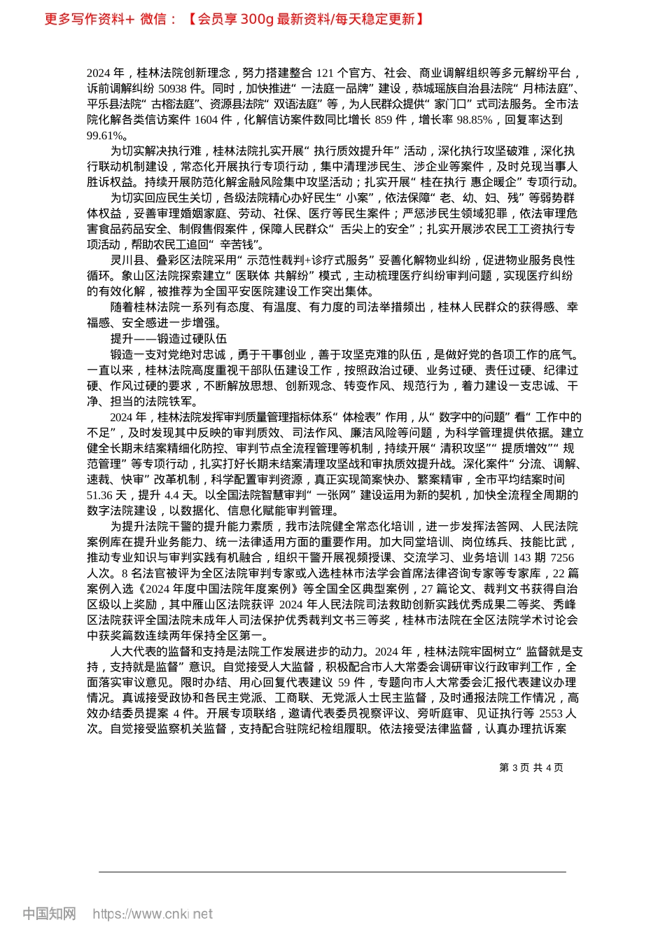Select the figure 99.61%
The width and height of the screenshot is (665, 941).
point(105,135)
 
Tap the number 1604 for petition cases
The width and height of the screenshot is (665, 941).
point(206,120)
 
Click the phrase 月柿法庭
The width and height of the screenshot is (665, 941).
point(543,89)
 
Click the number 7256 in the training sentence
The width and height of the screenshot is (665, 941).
point(562,557)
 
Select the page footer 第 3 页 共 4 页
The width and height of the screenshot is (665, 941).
point(531,767)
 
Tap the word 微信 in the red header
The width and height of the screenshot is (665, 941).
point(153,19)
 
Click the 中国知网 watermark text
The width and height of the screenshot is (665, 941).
point(49,914)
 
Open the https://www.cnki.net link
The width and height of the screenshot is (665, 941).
point(153,914)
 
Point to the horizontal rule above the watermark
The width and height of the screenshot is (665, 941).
point(332,872)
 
